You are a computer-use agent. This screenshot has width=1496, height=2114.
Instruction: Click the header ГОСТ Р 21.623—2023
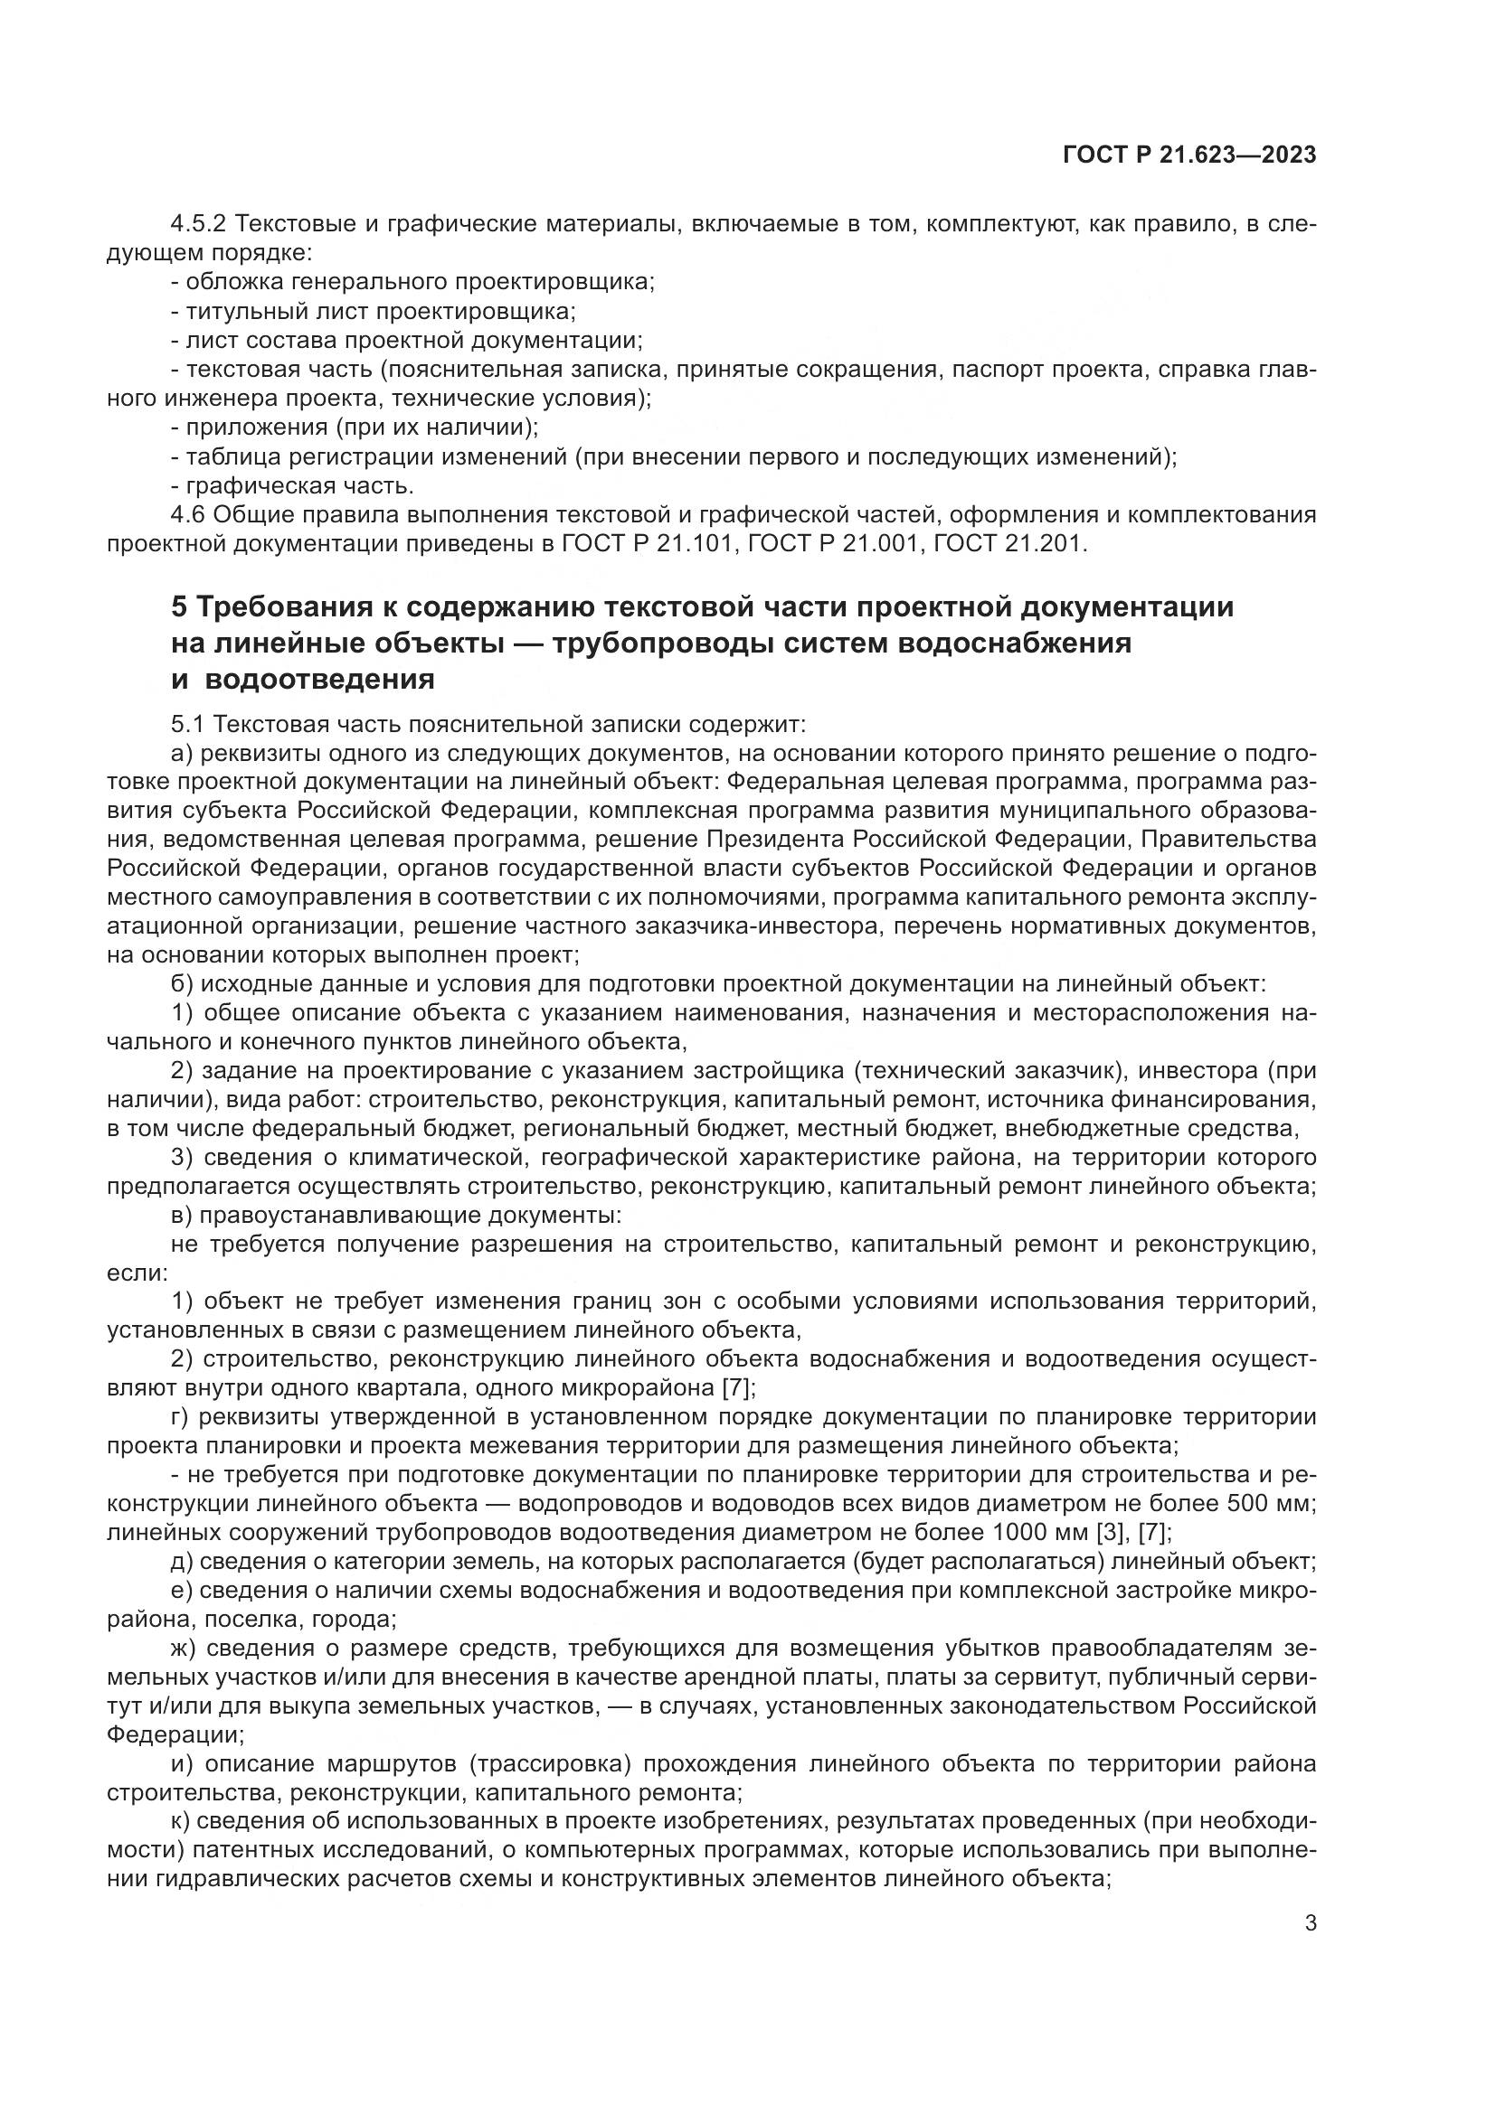point(1189,155)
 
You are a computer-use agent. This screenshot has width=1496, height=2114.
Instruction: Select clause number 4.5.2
point(199,224)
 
